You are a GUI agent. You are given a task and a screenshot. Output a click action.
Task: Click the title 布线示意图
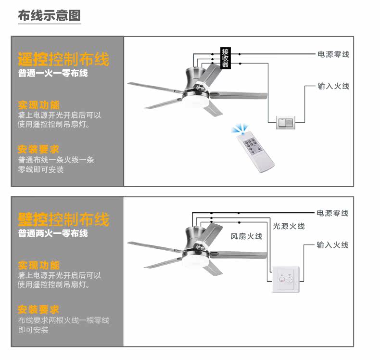[x=49, y=15]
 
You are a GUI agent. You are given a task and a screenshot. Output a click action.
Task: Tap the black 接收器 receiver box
[x=225, y=58]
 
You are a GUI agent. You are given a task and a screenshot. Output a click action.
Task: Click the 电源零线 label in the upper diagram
[x=333, y=54]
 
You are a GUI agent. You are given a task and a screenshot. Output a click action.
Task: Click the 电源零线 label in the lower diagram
[x=333, y=213]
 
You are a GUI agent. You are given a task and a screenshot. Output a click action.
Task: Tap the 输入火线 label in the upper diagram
[x=333, y=86]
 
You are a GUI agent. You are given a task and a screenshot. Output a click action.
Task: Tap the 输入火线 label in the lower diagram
[x=333, y=245]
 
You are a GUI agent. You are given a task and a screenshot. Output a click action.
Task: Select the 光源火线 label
[x=289, y=226]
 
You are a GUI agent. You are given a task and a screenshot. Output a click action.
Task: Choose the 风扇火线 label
[x=246, y=236]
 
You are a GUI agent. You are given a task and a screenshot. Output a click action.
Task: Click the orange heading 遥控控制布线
[x=63, y=59]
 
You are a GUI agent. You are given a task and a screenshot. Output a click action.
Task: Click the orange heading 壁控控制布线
[x=63, y=219]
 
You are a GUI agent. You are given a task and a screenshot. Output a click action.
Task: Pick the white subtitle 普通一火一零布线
[x=53, y=74]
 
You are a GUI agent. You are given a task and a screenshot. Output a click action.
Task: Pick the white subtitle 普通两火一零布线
[x=53, y=233]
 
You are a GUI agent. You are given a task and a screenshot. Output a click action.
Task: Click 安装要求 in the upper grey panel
[x=38, y=149]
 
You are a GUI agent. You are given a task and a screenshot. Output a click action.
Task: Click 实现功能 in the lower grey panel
[x=38, y=265]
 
